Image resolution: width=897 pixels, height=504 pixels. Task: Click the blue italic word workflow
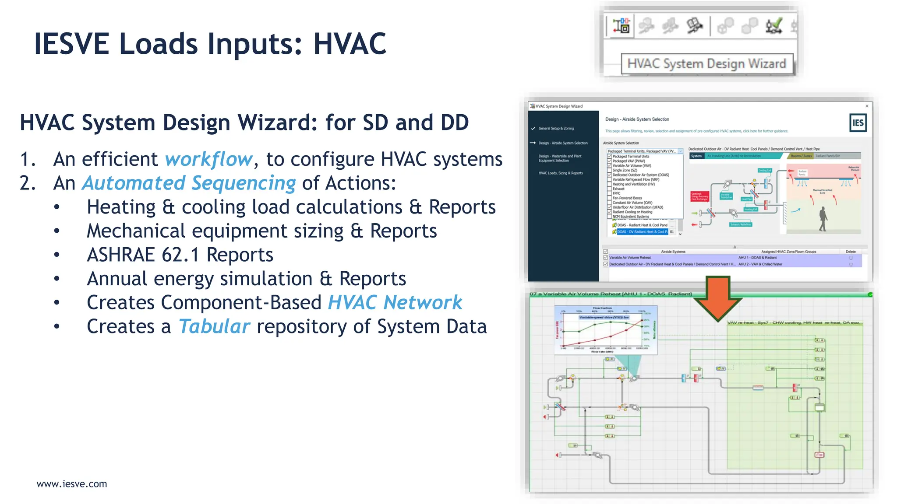point(209,159)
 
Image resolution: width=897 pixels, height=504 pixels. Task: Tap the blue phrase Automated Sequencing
point(189,183)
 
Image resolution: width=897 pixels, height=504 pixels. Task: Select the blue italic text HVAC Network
point(395,303)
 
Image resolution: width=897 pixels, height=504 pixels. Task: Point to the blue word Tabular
point(214,327)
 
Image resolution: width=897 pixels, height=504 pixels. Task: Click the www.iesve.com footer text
point(72,484)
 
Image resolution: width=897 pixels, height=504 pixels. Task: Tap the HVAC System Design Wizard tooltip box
point(706,64)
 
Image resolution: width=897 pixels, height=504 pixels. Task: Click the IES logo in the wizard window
point(857,123)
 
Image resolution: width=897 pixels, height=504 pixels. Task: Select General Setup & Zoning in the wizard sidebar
point(556,129)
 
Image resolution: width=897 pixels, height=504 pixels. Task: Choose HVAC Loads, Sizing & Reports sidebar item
point(561,173)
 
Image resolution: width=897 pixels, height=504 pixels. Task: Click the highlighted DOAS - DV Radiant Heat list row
point(642,232)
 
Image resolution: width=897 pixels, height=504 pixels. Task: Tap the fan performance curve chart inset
point(606,330)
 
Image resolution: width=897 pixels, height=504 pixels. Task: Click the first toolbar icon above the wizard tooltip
point(621,26)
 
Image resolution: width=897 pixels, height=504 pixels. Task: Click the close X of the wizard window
point(867,106)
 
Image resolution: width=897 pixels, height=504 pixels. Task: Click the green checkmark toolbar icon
point(774,26)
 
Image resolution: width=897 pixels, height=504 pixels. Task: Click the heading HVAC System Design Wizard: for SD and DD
point(244,122)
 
